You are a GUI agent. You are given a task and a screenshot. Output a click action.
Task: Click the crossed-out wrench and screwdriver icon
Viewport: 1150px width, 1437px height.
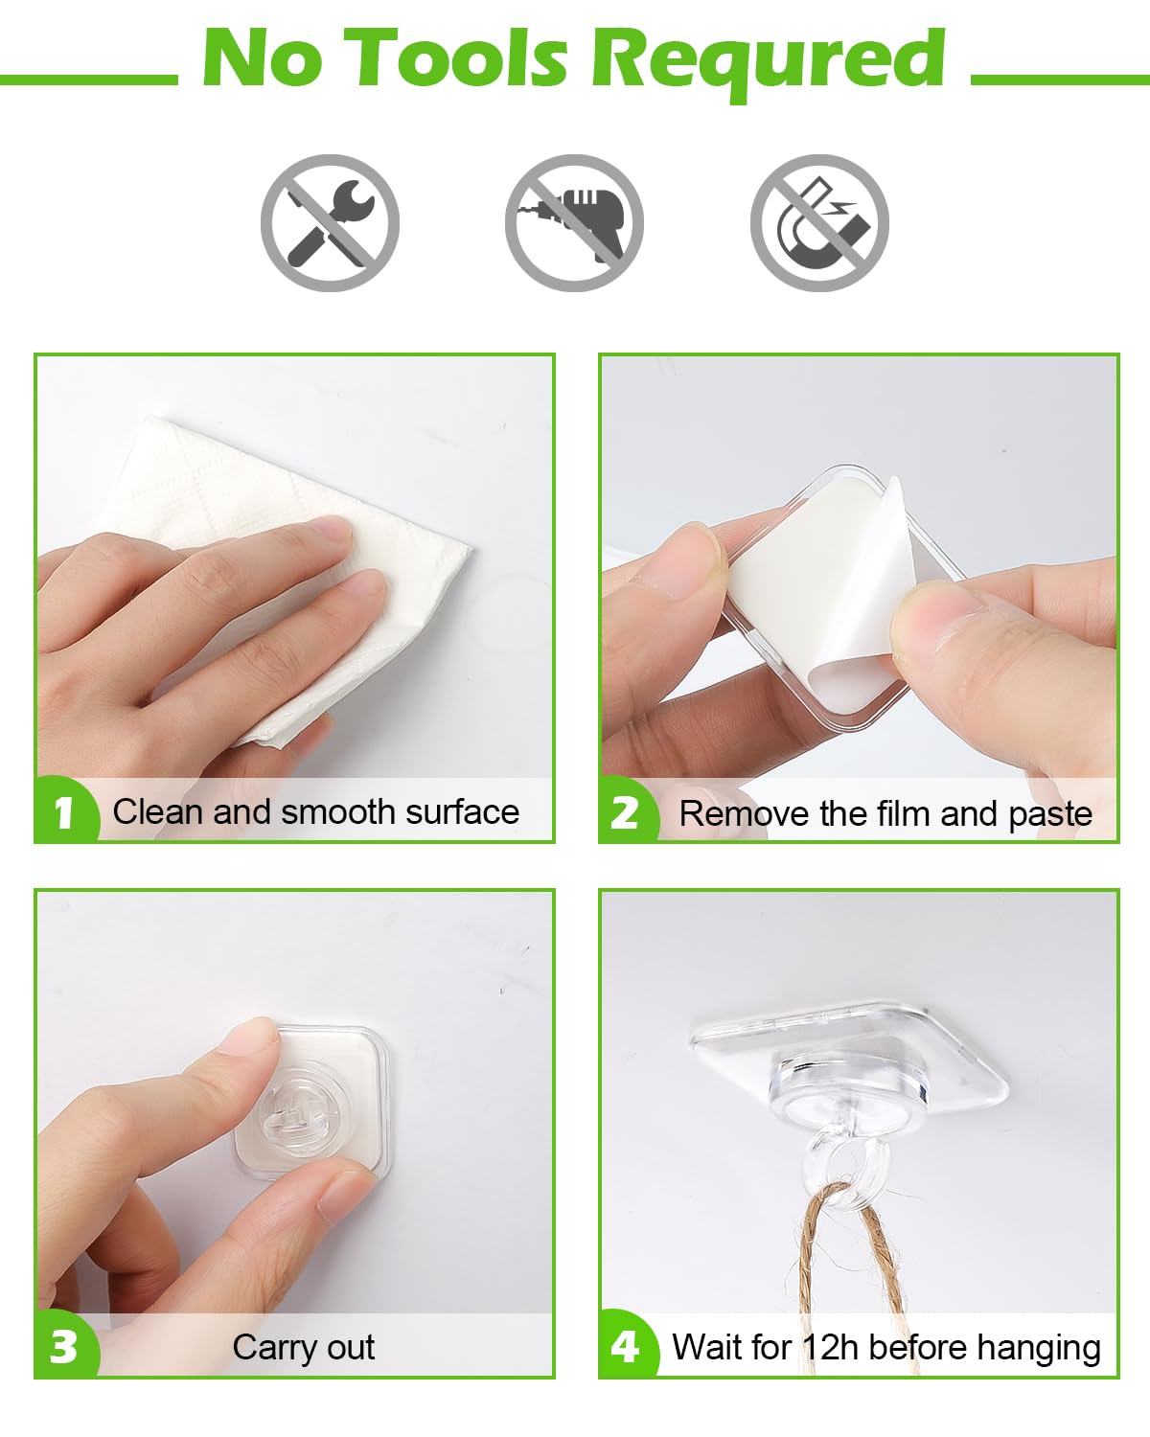coord(330,223)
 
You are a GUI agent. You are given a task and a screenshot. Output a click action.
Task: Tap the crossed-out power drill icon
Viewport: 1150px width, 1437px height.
coord(574,223)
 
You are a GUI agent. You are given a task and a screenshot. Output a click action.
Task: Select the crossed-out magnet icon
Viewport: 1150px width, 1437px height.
coord(819,223)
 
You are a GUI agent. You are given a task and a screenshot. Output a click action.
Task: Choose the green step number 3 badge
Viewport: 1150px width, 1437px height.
coord(64,1347)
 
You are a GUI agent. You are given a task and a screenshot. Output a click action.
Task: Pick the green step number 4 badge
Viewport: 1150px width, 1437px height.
coord(626,1347)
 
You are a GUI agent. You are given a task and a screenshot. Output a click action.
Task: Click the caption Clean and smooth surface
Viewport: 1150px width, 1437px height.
coord(315,812)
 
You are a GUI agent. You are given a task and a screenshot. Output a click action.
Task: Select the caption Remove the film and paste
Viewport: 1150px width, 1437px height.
coord(885,814)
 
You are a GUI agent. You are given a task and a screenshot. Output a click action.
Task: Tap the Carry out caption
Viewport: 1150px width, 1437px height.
coord(303,1347)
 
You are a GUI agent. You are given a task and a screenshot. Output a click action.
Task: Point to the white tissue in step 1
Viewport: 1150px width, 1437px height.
coord(287,498)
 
